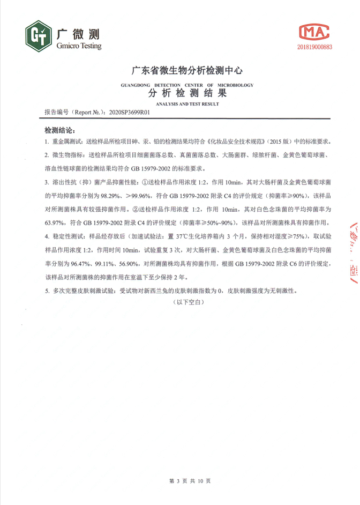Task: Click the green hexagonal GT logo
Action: click(38, 36)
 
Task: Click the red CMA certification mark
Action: click(314, 32)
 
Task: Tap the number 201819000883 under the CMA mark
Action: click(314, 47)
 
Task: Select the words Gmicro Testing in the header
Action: click(78, 46)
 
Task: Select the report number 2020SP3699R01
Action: click(129, 113)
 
